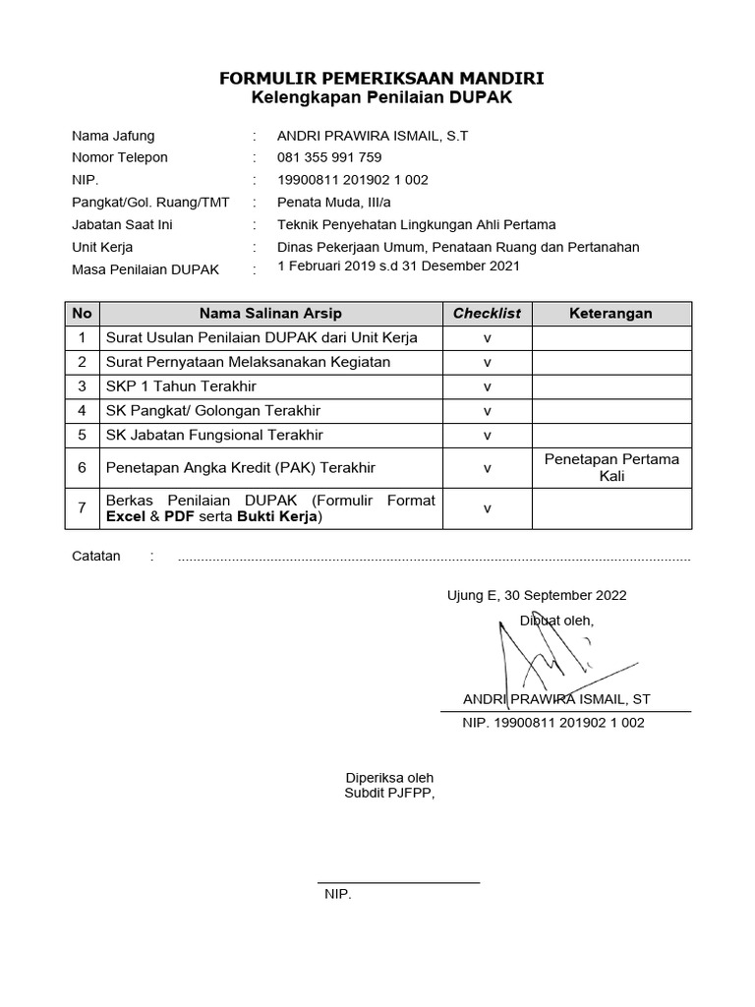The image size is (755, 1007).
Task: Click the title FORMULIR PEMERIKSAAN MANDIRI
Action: pos(380,78)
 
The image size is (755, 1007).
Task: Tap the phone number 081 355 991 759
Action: pos(329,157)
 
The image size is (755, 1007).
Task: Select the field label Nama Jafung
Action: pos(113,136)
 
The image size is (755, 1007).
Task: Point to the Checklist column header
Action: pos(487,314)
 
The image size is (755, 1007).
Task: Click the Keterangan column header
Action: pos(611,314)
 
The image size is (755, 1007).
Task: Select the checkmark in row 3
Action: pos(487,386)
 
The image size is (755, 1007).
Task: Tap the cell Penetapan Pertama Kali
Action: pos(611,468)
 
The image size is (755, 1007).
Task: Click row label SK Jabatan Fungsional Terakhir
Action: pos(214,435)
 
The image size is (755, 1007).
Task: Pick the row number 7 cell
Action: pos(83,509)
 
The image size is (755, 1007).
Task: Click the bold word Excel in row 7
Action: pos(126,516)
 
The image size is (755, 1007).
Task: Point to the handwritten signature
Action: pos(536,654)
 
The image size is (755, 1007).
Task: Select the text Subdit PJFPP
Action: pos(387,793)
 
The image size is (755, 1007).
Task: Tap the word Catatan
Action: pos(96,557)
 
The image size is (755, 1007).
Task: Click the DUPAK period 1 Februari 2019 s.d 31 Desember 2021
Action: pos(398,267)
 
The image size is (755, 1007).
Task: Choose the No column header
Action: pos(83,314)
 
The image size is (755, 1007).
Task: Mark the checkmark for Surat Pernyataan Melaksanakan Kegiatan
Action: pos(487,362)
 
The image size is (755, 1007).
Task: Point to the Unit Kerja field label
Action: pos(102,247)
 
